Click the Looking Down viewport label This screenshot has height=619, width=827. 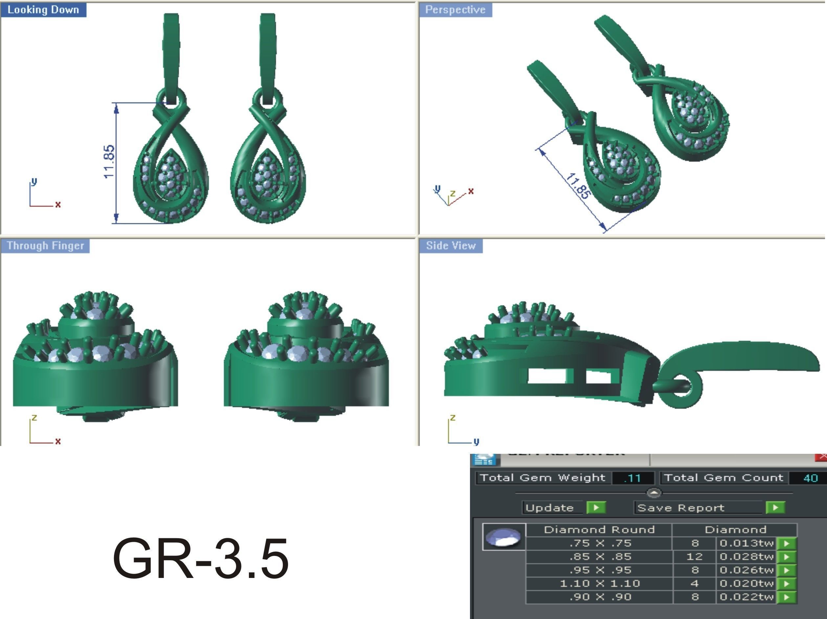(43, 10)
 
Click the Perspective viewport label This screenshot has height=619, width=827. (455, 10)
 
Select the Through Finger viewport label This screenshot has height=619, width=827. (45, 246)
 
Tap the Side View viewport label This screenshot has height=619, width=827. (451, 246)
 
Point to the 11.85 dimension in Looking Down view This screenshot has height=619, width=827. (109, 162)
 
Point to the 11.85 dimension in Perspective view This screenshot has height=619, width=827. (578, 186)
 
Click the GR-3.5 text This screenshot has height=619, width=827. (200, 559)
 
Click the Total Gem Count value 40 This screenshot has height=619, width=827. (810, 478)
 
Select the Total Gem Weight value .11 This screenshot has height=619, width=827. (632, 478)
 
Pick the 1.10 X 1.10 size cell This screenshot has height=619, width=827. (599, 584)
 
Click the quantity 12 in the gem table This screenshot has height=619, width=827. (694, 557)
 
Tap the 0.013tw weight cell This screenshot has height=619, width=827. (746, 543)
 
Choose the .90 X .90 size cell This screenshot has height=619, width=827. (599, 597)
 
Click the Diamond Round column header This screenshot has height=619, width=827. (599, 530)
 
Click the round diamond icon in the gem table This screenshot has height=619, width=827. (503, 537)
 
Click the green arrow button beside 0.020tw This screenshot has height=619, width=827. (787, 584)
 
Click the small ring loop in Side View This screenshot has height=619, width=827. (681, 389)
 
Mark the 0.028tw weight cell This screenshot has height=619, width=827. (746, 557)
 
